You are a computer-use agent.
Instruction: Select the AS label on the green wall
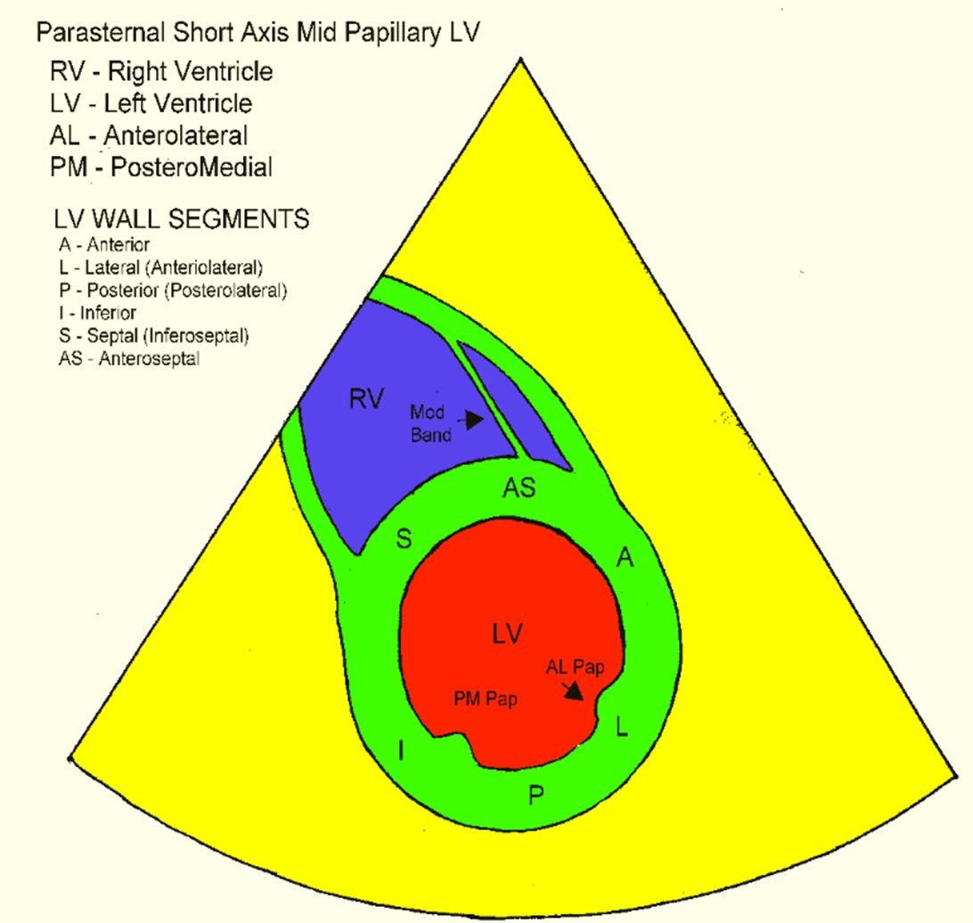(519, 488)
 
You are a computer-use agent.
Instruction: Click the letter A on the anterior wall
(625, 558)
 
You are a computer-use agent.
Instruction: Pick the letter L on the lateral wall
(622, 728)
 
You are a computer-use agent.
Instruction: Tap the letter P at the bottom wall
(536, 796)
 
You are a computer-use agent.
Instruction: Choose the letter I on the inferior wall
(401, 753)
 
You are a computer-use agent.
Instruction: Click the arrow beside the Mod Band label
(473, 417)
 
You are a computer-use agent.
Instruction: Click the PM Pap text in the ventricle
(486, 699)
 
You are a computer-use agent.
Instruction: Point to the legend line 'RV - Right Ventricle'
(161, 71)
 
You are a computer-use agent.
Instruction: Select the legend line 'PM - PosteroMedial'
(161, 167)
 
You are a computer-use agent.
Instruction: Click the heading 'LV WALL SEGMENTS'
(181, 217)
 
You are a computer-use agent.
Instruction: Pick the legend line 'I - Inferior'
(94, 312)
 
